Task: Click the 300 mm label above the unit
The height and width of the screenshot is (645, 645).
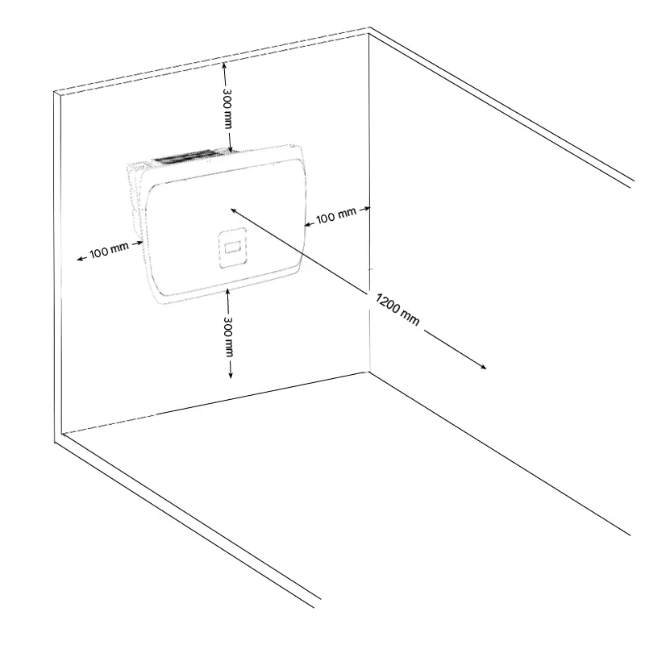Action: [227, 109]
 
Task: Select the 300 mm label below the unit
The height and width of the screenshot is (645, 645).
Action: [228, 336]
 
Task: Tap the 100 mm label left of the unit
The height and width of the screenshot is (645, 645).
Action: [109, 250]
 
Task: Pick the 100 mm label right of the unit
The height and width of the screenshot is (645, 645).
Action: [336, 215]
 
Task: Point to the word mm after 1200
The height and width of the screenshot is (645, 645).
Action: [410, 318]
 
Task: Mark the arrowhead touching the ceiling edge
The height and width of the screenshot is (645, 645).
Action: [224, 65]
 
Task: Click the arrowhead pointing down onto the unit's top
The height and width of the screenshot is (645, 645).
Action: [230, 149]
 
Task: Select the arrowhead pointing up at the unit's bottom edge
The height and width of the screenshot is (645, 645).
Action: [228, 293]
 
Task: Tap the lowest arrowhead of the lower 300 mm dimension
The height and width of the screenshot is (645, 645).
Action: [231, 374]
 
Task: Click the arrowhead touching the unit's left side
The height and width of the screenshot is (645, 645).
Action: [139, 243]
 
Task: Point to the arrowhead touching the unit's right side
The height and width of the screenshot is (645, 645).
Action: [308, 225]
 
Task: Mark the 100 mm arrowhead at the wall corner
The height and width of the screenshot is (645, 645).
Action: [366, 209]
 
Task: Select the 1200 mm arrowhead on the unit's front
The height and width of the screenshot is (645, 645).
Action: [234, 211]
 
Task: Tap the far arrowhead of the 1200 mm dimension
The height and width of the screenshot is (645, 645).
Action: [482, 367]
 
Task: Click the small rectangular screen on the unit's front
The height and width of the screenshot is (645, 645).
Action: [233, 248]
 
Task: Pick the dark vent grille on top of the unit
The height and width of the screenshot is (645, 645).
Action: [189, 156]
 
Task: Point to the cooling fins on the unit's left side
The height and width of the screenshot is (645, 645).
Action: [135, 202]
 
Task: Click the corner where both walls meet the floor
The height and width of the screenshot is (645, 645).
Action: [368, 372]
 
